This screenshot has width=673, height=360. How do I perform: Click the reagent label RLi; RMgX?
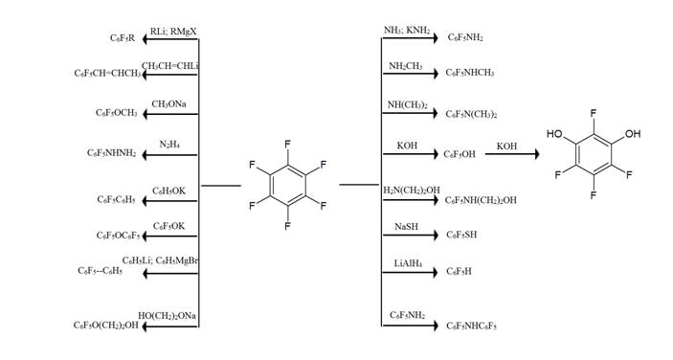click(173, 33)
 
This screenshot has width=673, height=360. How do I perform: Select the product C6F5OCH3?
click(117, 113)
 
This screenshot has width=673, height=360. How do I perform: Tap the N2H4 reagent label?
click(169, 145)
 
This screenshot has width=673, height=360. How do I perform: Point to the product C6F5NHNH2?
click(112, 153)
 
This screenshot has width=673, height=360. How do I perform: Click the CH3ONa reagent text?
click(168, 104)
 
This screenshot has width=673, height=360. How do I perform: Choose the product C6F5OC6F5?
click(119, 236)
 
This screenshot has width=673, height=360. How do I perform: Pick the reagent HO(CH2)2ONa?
click(167, 316)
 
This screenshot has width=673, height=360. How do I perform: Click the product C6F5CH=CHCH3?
click(107, 74)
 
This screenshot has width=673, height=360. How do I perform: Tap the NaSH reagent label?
click(406, 227)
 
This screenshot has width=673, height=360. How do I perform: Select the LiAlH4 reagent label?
click(408, 263)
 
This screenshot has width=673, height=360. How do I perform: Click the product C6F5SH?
click(461, 235)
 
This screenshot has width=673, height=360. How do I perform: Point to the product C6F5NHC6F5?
click(471, 326)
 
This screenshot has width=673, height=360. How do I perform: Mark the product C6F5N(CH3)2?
click(471, 114)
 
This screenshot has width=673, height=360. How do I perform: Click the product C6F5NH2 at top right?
click(465, 37)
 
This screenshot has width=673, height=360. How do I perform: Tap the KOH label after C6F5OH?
click(506, 146)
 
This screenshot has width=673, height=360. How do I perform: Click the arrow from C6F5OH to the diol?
click(512, 153)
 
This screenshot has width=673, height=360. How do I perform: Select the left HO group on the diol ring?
click(554, 134)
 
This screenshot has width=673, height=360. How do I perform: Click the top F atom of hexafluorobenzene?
click(287, 144)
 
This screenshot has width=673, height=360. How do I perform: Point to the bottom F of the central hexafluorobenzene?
click(287, 226)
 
